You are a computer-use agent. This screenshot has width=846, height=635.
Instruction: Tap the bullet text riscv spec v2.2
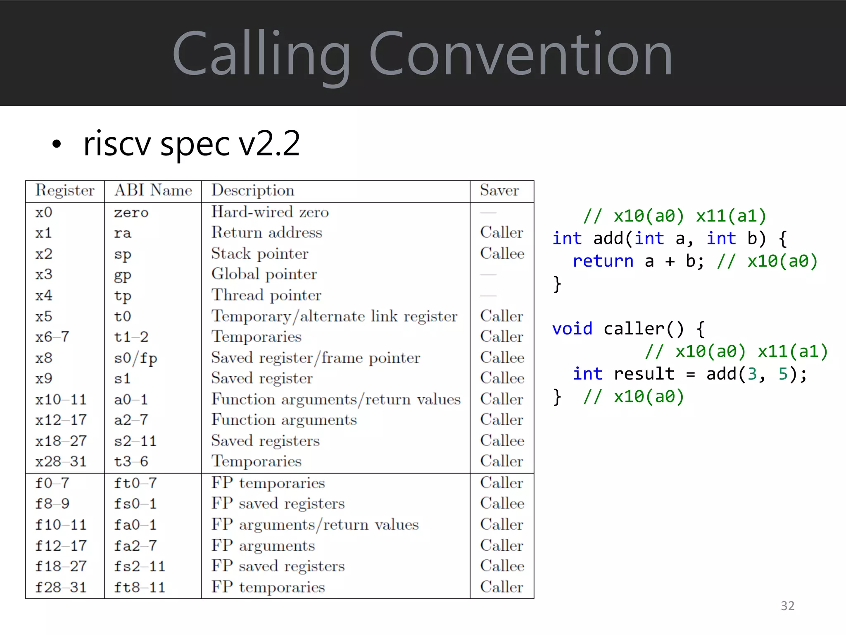tap(191, 143)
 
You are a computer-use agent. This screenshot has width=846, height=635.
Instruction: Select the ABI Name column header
tap(153, 190)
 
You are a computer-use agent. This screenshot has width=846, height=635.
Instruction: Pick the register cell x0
tap(44, 212)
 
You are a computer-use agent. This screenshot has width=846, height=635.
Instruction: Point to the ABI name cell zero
tap(131, 212)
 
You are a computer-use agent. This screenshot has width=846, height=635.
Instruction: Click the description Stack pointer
tap(260, 253)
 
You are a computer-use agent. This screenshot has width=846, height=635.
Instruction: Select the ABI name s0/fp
tap(135, 358)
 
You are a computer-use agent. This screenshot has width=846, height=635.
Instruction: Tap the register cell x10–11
tap(61, 399)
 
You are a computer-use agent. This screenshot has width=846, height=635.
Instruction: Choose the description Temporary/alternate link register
tap(334, 316)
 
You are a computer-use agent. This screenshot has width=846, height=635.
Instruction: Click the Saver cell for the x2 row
tap(502, 253)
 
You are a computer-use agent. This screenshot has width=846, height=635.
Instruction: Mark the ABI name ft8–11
tap(140, 587)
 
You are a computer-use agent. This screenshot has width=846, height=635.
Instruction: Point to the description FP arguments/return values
tap(315, 525)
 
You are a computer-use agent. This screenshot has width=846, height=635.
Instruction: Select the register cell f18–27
tap(61, 566)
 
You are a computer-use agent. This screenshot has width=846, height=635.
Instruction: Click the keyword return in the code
tap(603, 261)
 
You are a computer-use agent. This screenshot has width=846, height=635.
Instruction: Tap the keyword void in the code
tap(572, 329)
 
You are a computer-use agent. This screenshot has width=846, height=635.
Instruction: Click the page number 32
tap(787, 606)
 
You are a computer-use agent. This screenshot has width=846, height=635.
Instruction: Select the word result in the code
tap(644, 374)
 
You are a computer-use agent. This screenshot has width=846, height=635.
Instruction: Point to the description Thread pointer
tap(266, 295)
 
